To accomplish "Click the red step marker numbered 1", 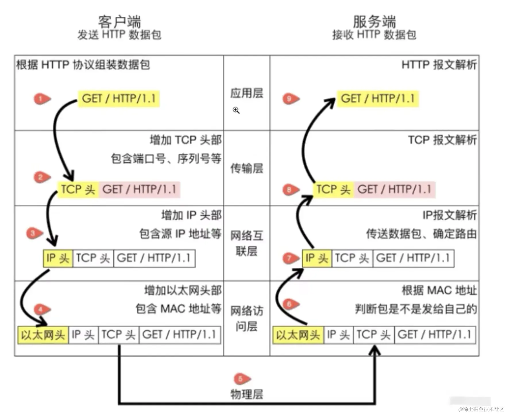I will [x=41, y=99].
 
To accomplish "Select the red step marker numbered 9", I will [x=290, y=99].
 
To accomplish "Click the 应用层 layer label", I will [x=247, y=93].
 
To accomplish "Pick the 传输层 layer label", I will [x=247, y=169].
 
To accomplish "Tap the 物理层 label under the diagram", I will [x=247, y=394].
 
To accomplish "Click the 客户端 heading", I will [x=119, y=22].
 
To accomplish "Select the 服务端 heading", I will [x=374, y=22].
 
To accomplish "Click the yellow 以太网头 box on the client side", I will [x=43, y=335].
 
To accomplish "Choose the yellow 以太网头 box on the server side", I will [x=298, y=335].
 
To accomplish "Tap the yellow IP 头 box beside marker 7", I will [x=317, y=258].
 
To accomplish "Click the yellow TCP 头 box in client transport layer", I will [x=78, y=189].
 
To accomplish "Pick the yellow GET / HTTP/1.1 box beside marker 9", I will [x=378, y=99].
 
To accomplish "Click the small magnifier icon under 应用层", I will [x=236, y=110].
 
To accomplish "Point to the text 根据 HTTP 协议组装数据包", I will [x=83, y=65].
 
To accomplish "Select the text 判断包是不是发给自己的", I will [x=416, y=309].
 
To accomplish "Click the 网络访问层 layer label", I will [x=247, y=318].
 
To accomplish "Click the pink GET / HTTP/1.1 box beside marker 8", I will [x=395, y=189].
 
